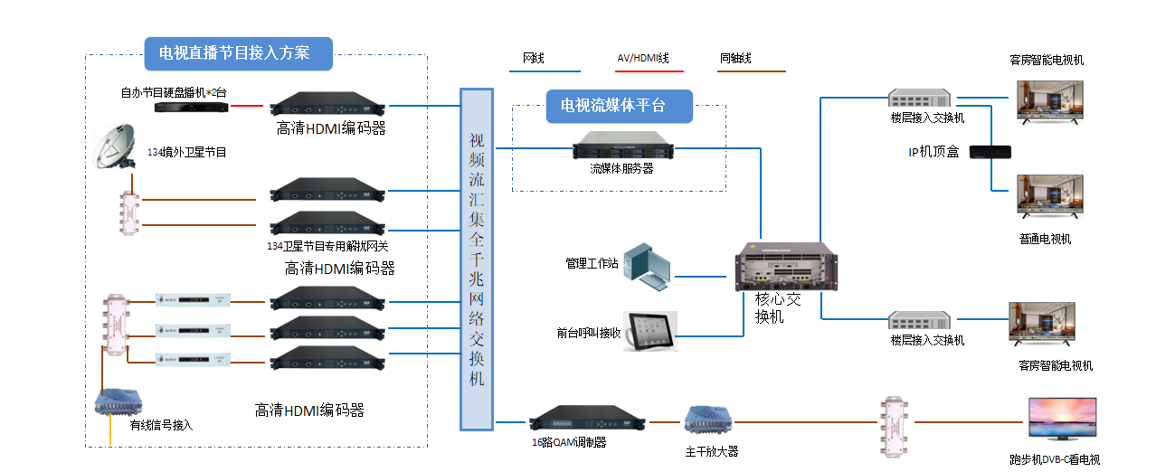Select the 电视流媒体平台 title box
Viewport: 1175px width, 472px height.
620,106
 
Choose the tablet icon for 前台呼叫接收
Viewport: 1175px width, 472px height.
650,332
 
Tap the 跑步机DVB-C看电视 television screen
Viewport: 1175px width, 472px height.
1063,421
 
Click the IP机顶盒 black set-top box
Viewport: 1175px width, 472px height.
990,152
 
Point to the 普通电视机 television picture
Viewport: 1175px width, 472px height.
1048,200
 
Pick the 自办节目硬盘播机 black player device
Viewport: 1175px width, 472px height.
190,106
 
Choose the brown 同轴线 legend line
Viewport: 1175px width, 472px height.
751,71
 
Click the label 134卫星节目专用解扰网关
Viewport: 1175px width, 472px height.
327,246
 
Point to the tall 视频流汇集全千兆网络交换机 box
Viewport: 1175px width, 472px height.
477,259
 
